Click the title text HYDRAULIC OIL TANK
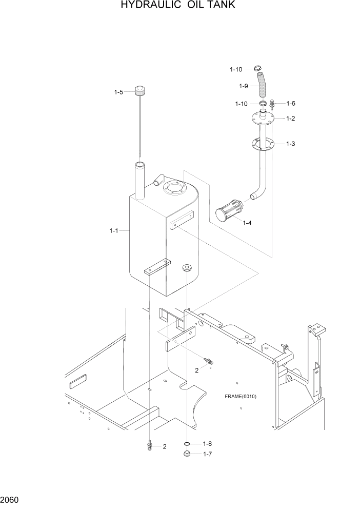pos(178,6)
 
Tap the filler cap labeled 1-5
pos(141,92)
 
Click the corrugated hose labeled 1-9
pos(263,86)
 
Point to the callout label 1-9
pos(244,86)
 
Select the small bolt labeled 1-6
pos(273,105)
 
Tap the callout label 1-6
pos(290,103)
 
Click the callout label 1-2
pos(290,119)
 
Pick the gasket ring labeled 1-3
pos(263,145)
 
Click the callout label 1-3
pos(290,144)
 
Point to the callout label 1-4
pos(247,223)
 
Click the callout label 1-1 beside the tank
pos(114,231)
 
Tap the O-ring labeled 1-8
pos(187,444)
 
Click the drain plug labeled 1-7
pos(187,454)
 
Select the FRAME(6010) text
pos(240,397)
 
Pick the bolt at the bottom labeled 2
pos(150,445)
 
